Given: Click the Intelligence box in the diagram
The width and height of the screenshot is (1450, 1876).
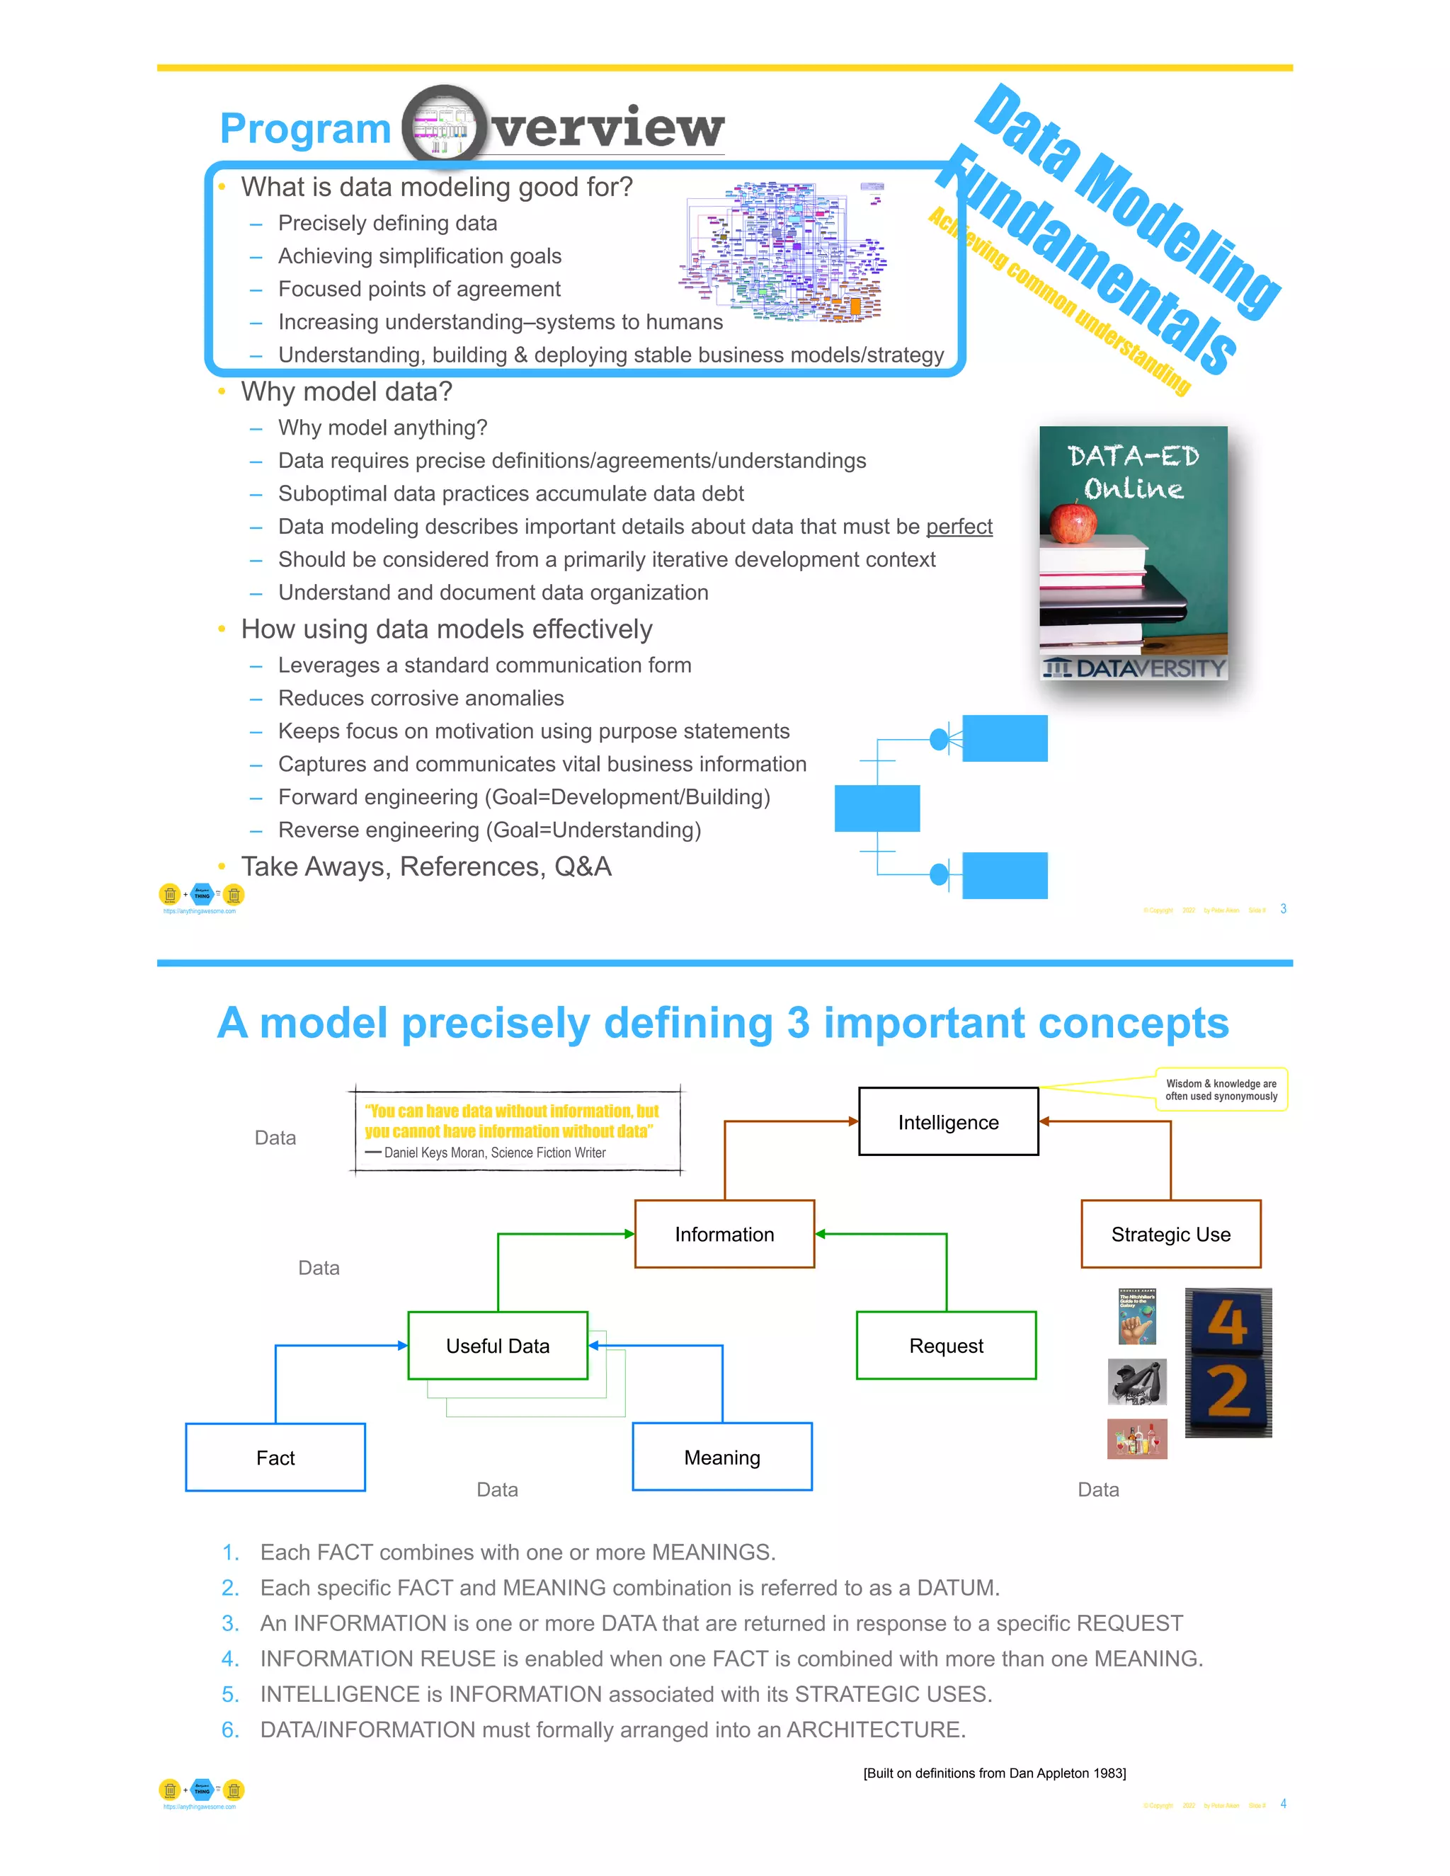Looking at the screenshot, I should coord(947,1122).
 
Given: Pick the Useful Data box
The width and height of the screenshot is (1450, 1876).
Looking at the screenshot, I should coord(497,1345).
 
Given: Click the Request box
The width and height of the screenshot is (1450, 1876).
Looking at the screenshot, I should coord(946,1345).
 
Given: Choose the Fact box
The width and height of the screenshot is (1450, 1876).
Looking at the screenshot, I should coord(275,1457).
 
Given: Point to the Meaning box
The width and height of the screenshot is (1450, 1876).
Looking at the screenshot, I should coord(721,1457).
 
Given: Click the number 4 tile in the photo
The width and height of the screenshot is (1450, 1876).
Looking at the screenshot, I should coord(1228,1323).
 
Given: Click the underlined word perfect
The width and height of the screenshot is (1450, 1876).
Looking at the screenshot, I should coord(959,527).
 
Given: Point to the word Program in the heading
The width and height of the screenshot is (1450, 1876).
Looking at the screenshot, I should coord(305,129).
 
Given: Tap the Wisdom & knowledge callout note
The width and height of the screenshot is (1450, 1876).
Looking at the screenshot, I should coord(1221,1089).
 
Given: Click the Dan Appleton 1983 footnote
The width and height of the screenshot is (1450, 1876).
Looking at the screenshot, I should coord(994,1773).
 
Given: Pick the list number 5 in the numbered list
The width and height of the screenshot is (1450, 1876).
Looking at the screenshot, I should coord(230,1694).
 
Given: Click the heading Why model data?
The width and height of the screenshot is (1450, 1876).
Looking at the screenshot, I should coord(346,391).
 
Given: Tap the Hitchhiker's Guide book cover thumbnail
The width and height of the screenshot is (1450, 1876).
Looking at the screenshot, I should coord(1136,1316).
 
